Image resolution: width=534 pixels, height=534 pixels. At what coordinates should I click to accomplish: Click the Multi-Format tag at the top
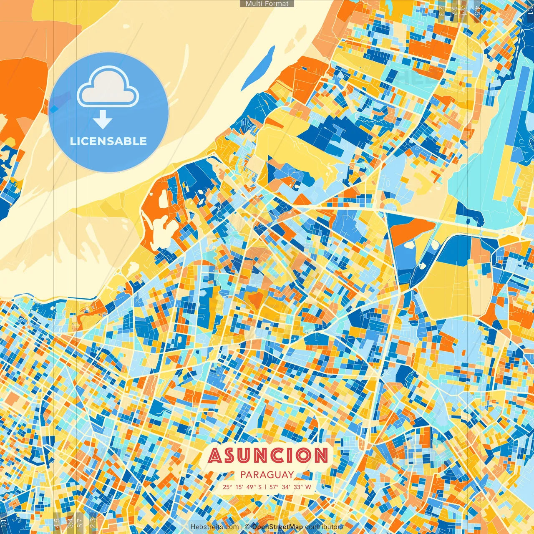pos(267,4)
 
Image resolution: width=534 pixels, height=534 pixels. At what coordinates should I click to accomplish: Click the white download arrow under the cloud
pos(102,120)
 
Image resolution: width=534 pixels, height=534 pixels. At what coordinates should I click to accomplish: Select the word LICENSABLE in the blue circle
pos(108,141)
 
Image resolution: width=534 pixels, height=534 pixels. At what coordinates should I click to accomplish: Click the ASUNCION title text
pos(268,455)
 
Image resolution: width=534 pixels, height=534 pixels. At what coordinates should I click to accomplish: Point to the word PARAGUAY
pos(267,475)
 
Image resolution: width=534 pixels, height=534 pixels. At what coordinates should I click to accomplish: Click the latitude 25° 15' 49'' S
pos(242,487)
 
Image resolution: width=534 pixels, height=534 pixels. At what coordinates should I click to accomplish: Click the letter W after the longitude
pos(308,487)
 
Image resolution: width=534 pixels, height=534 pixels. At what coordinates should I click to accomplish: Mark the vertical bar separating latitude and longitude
pos(266,487)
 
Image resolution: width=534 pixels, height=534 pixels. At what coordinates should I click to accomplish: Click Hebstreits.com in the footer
pos(214,527)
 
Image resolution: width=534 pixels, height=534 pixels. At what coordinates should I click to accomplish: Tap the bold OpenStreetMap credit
pos(277,527)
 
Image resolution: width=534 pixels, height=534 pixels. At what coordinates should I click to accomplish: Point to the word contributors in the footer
pos(324,527)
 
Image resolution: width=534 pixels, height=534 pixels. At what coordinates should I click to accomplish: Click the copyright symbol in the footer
pos(247,527)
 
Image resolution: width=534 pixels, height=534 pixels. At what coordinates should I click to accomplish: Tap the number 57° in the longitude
pos(274,487)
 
